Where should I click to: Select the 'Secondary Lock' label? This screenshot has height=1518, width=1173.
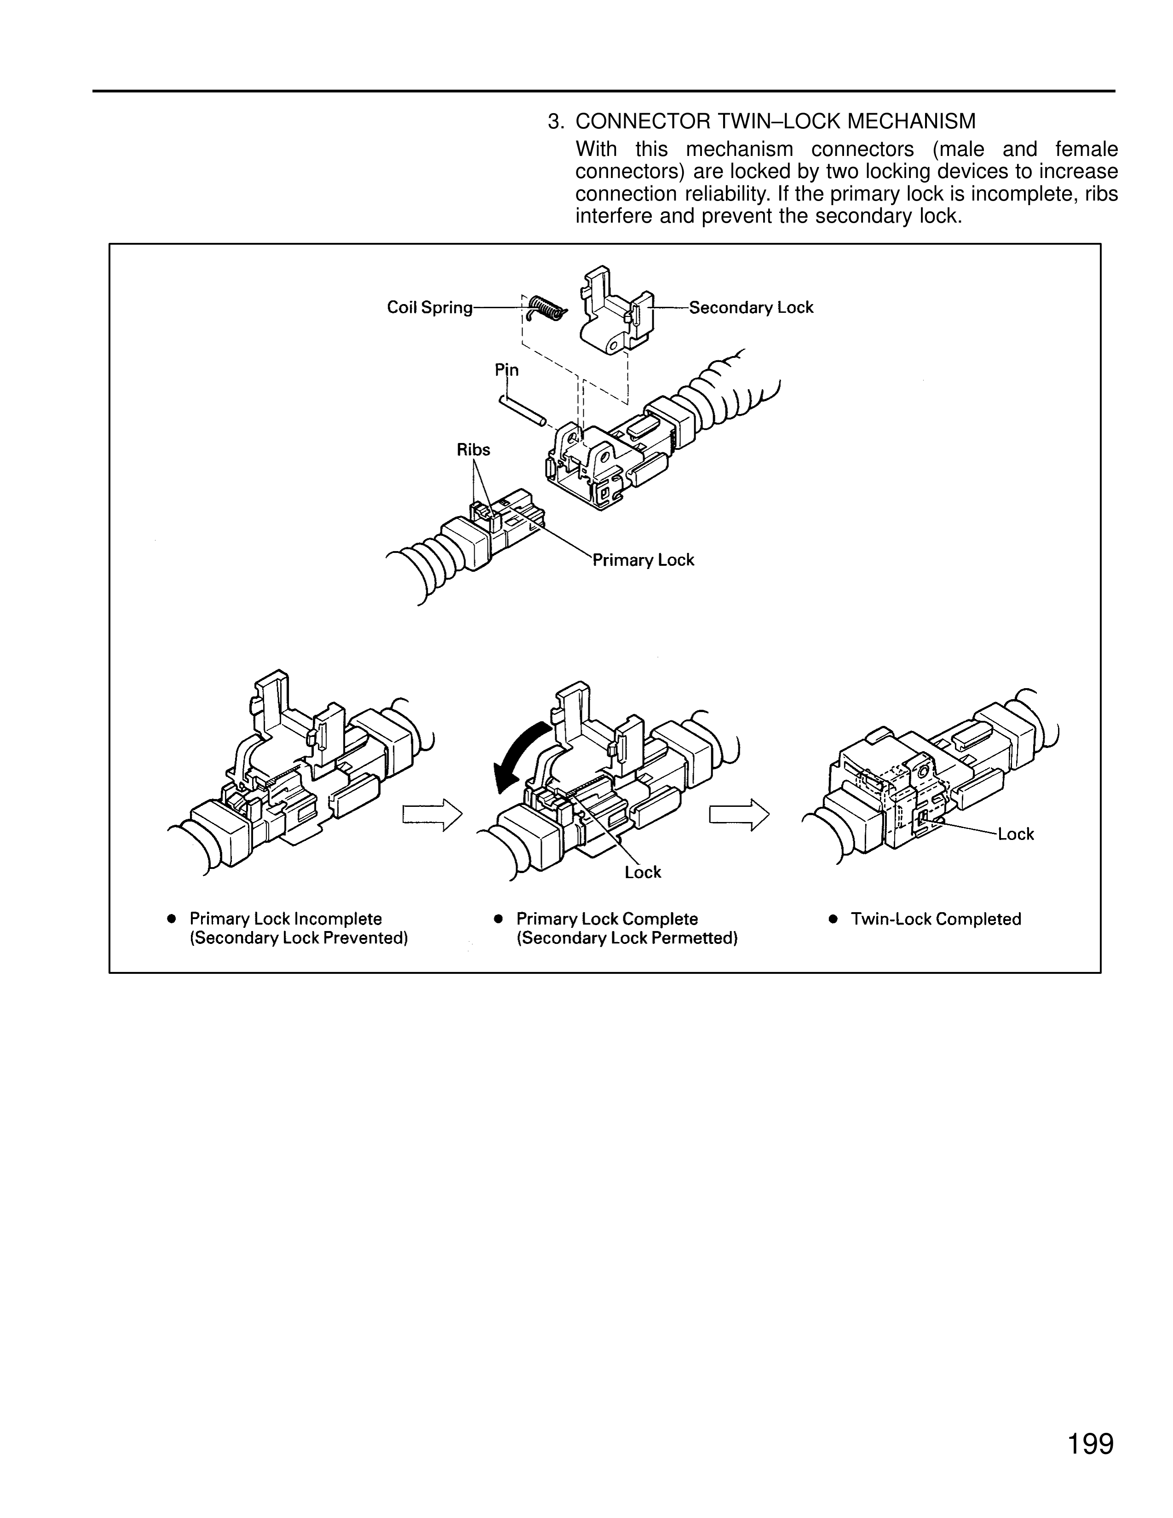point(751,307)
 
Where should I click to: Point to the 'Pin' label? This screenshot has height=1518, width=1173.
point(506,370)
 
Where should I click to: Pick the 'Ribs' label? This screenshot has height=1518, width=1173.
point(473,450)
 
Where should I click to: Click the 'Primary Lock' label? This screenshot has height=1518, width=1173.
point(643,560)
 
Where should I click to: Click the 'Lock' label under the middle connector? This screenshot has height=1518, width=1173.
point(643,872)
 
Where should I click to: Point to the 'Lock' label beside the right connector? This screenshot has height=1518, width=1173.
point(1015,834)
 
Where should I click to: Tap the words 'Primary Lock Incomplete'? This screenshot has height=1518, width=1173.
point(286,919)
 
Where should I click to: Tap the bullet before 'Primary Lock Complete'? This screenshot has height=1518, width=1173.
point(498,919)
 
